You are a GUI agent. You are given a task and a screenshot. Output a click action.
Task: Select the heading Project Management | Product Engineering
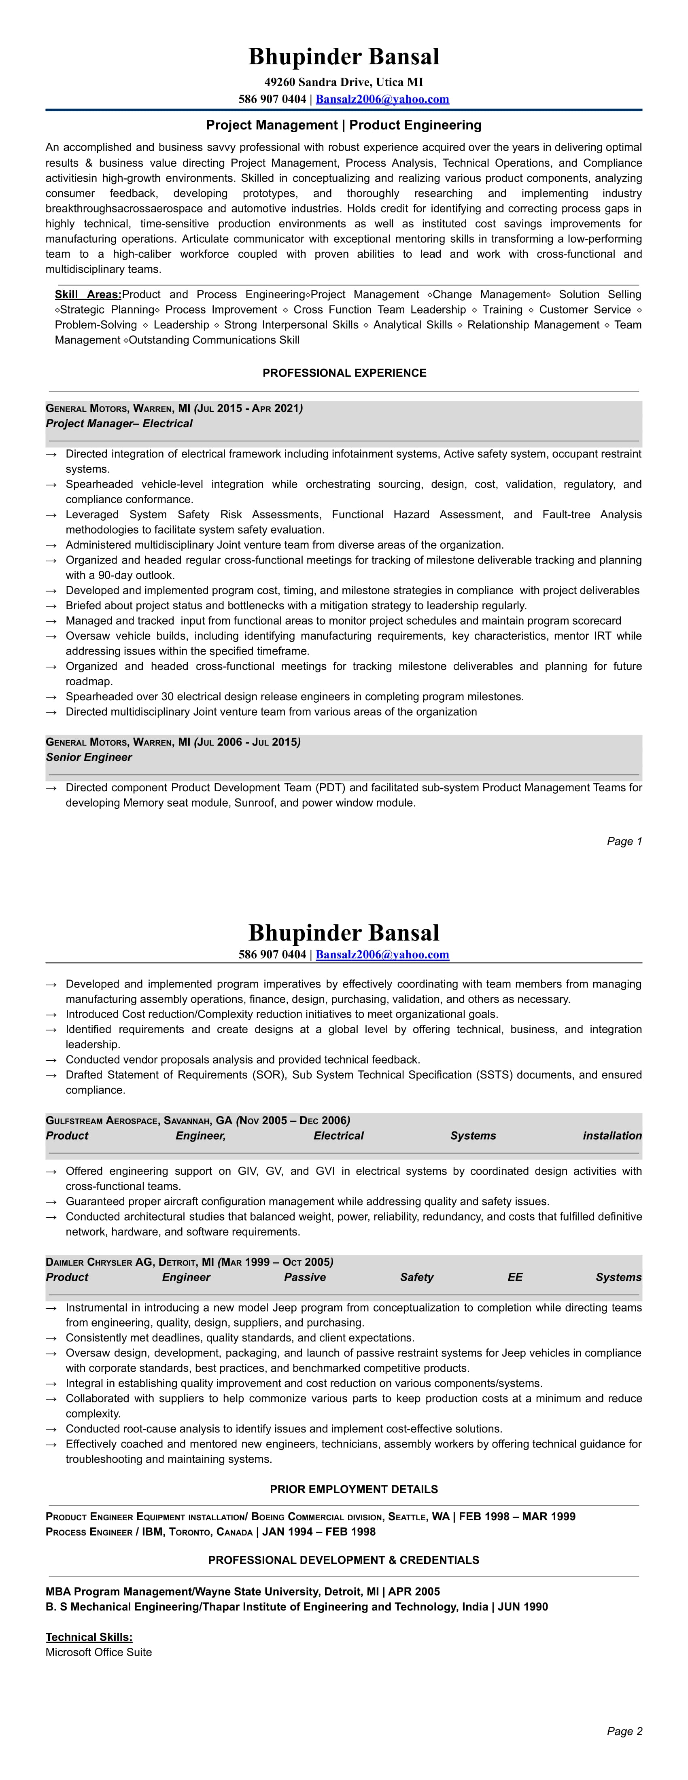point(344,125)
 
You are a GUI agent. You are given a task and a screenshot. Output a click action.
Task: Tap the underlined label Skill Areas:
point(88,295)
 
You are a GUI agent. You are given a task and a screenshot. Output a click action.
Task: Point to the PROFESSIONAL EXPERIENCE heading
point(344,373)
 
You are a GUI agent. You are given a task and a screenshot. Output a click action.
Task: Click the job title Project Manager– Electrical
point(119,424)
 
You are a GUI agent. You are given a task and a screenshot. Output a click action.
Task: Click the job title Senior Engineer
point(89,757)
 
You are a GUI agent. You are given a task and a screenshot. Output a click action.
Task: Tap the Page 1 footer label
point(624,841)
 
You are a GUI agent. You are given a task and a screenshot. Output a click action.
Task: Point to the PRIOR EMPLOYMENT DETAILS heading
point(344,1489)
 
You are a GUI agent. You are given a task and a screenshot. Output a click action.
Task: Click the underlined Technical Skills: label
point(89,1637)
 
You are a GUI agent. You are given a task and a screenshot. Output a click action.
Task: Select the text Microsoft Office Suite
point(98,1652)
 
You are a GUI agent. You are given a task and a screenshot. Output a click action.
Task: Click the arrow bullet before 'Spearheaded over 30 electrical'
point(51,697)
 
